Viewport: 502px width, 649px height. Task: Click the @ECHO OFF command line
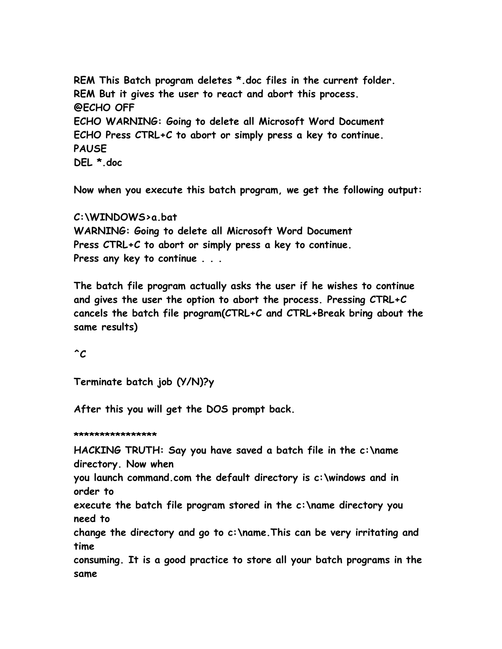pyautogui.click(x=104, y=108)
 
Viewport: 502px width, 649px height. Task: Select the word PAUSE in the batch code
pyautogui.click(x=90, y=149)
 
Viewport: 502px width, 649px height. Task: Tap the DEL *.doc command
pyautogui.click(x=98, y=162)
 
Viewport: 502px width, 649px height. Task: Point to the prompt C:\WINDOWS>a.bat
pyautogui.click(x=125, y=217)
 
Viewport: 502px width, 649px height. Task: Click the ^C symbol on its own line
pyautogui.click(x=80, y=354)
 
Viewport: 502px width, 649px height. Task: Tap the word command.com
pyautogui.click(x=159, y=478)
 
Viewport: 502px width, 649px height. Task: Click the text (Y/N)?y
pyautogui.click(x=195, y=382)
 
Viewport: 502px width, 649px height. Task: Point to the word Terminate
pyautogui.click(x=97, y=381)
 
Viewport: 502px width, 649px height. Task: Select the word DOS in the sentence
pyautogui.click(x=217, y=409)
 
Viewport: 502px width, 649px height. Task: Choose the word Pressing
pyautogui.click(x=346, y=299)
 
